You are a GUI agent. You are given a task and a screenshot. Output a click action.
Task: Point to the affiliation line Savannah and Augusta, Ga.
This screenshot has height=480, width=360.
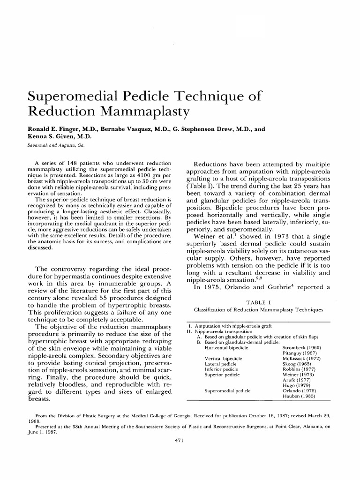pyautogui.click(x=57, y=146)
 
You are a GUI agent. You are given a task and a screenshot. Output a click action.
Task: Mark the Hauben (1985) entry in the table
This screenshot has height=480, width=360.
pyautogui.click(x=299, y=396)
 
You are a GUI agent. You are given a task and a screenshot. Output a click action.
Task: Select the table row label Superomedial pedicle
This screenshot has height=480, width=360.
pyautogui.click(x=227, y=390)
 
